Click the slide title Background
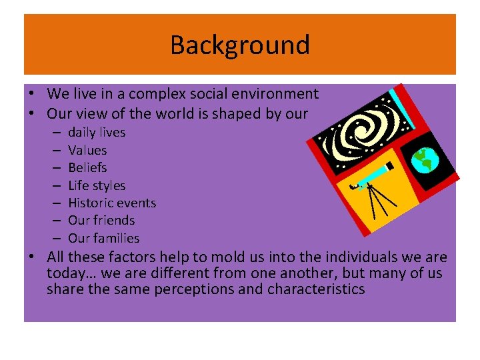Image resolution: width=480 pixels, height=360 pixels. pos(240,45)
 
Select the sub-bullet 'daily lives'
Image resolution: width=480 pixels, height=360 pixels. pos(97,133)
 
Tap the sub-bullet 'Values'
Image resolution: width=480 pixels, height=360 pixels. pos(87,151)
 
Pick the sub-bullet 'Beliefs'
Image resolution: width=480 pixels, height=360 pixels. pos(87,168)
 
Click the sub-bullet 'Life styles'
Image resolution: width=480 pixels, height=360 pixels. pos(97,186)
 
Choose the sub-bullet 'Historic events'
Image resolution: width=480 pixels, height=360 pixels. pos(112,203)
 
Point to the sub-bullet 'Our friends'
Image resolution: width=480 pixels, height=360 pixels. pos(101,221)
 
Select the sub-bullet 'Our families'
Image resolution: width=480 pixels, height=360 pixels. pos(104,238)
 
